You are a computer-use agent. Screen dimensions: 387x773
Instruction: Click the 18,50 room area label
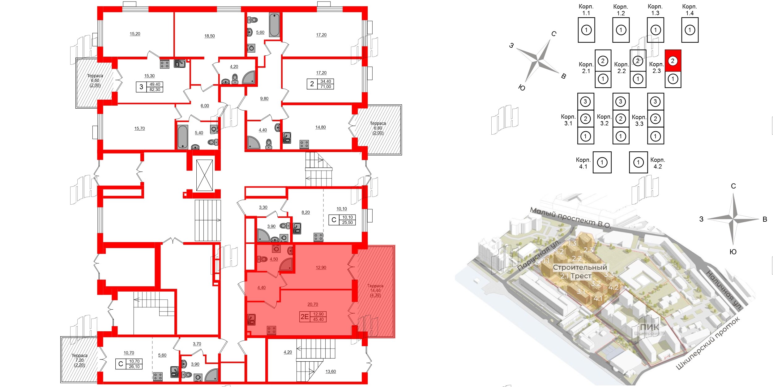209,36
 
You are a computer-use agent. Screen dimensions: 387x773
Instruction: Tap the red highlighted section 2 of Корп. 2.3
673,61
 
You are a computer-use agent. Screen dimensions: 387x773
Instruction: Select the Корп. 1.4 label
690,10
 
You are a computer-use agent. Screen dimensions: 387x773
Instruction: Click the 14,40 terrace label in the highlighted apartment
375,290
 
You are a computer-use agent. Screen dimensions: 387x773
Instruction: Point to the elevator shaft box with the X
204,175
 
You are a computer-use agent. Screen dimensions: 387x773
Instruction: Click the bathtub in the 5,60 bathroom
274,25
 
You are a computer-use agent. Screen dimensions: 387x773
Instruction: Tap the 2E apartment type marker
305,316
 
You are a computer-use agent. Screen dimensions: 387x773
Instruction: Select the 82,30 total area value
155,89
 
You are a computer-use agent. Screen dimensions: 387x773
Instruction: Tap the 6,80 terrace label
378,128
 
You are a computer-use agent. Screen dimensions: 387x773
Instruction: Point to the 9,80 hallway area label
264,98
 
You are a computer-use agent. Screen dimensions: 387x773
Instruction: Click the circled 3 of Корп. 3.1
585,102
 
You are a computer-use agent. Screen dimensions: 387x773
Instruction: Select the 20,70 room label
313,304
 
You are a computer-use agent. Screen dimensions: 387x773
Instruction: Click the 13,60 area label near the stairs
331,371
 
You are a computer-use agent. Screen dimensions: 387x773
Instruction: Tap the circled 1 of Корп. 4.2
638,162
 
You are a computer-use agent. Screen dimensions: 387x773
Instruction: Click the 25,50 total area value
347,222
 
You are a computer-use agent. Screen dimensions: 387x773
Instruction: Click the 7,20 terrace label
79,360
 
